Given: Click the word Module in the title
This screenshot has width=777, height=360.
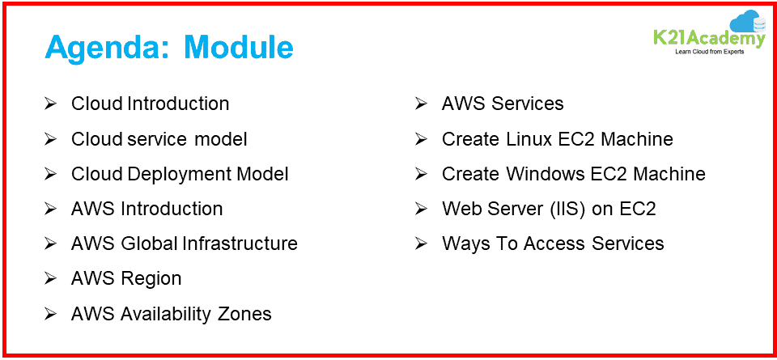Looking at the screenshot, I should pyautogui.click(x=238, y=47).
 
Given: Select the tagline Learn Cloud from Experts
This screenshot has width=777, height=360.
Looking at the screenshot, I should pyautogui.click(x=708, y=52).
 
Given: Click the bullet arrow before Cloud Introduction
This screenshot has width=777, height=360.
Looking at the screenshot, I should pyautogui.click(x=50, y=104).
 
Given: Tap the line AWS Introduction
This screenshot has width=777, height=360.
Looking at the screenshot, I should pyautogui.click(x=146, y=209).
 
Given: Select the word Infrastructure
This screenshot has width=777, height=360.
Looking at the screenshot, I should pyautogui.click(x=240, y=244).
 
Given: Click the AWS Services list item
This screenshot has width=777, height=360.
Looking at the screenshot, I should pyautogui.click(x=503, y=104).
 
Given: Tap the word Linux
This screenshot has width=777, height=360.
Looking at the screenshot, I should pyautogui.click(x=529, y=139).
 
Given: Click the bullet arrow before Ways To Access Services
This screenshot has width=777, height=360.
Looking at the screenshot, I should pyautogui.click(x=421, y=244).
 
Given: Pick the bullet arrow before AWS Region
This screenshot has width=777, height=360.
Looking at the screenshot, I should pyautogui.click(x=50, y=278).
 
